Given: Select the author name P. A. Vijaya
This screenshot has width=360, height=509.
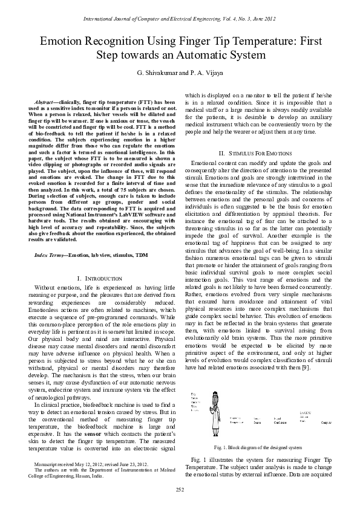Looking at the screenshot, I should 206,72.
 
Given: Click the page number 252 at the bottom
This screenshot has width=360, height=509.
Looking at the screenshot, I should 180,488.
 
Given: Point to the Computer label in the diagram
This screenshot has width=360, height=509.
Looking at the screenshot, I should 342,421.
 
